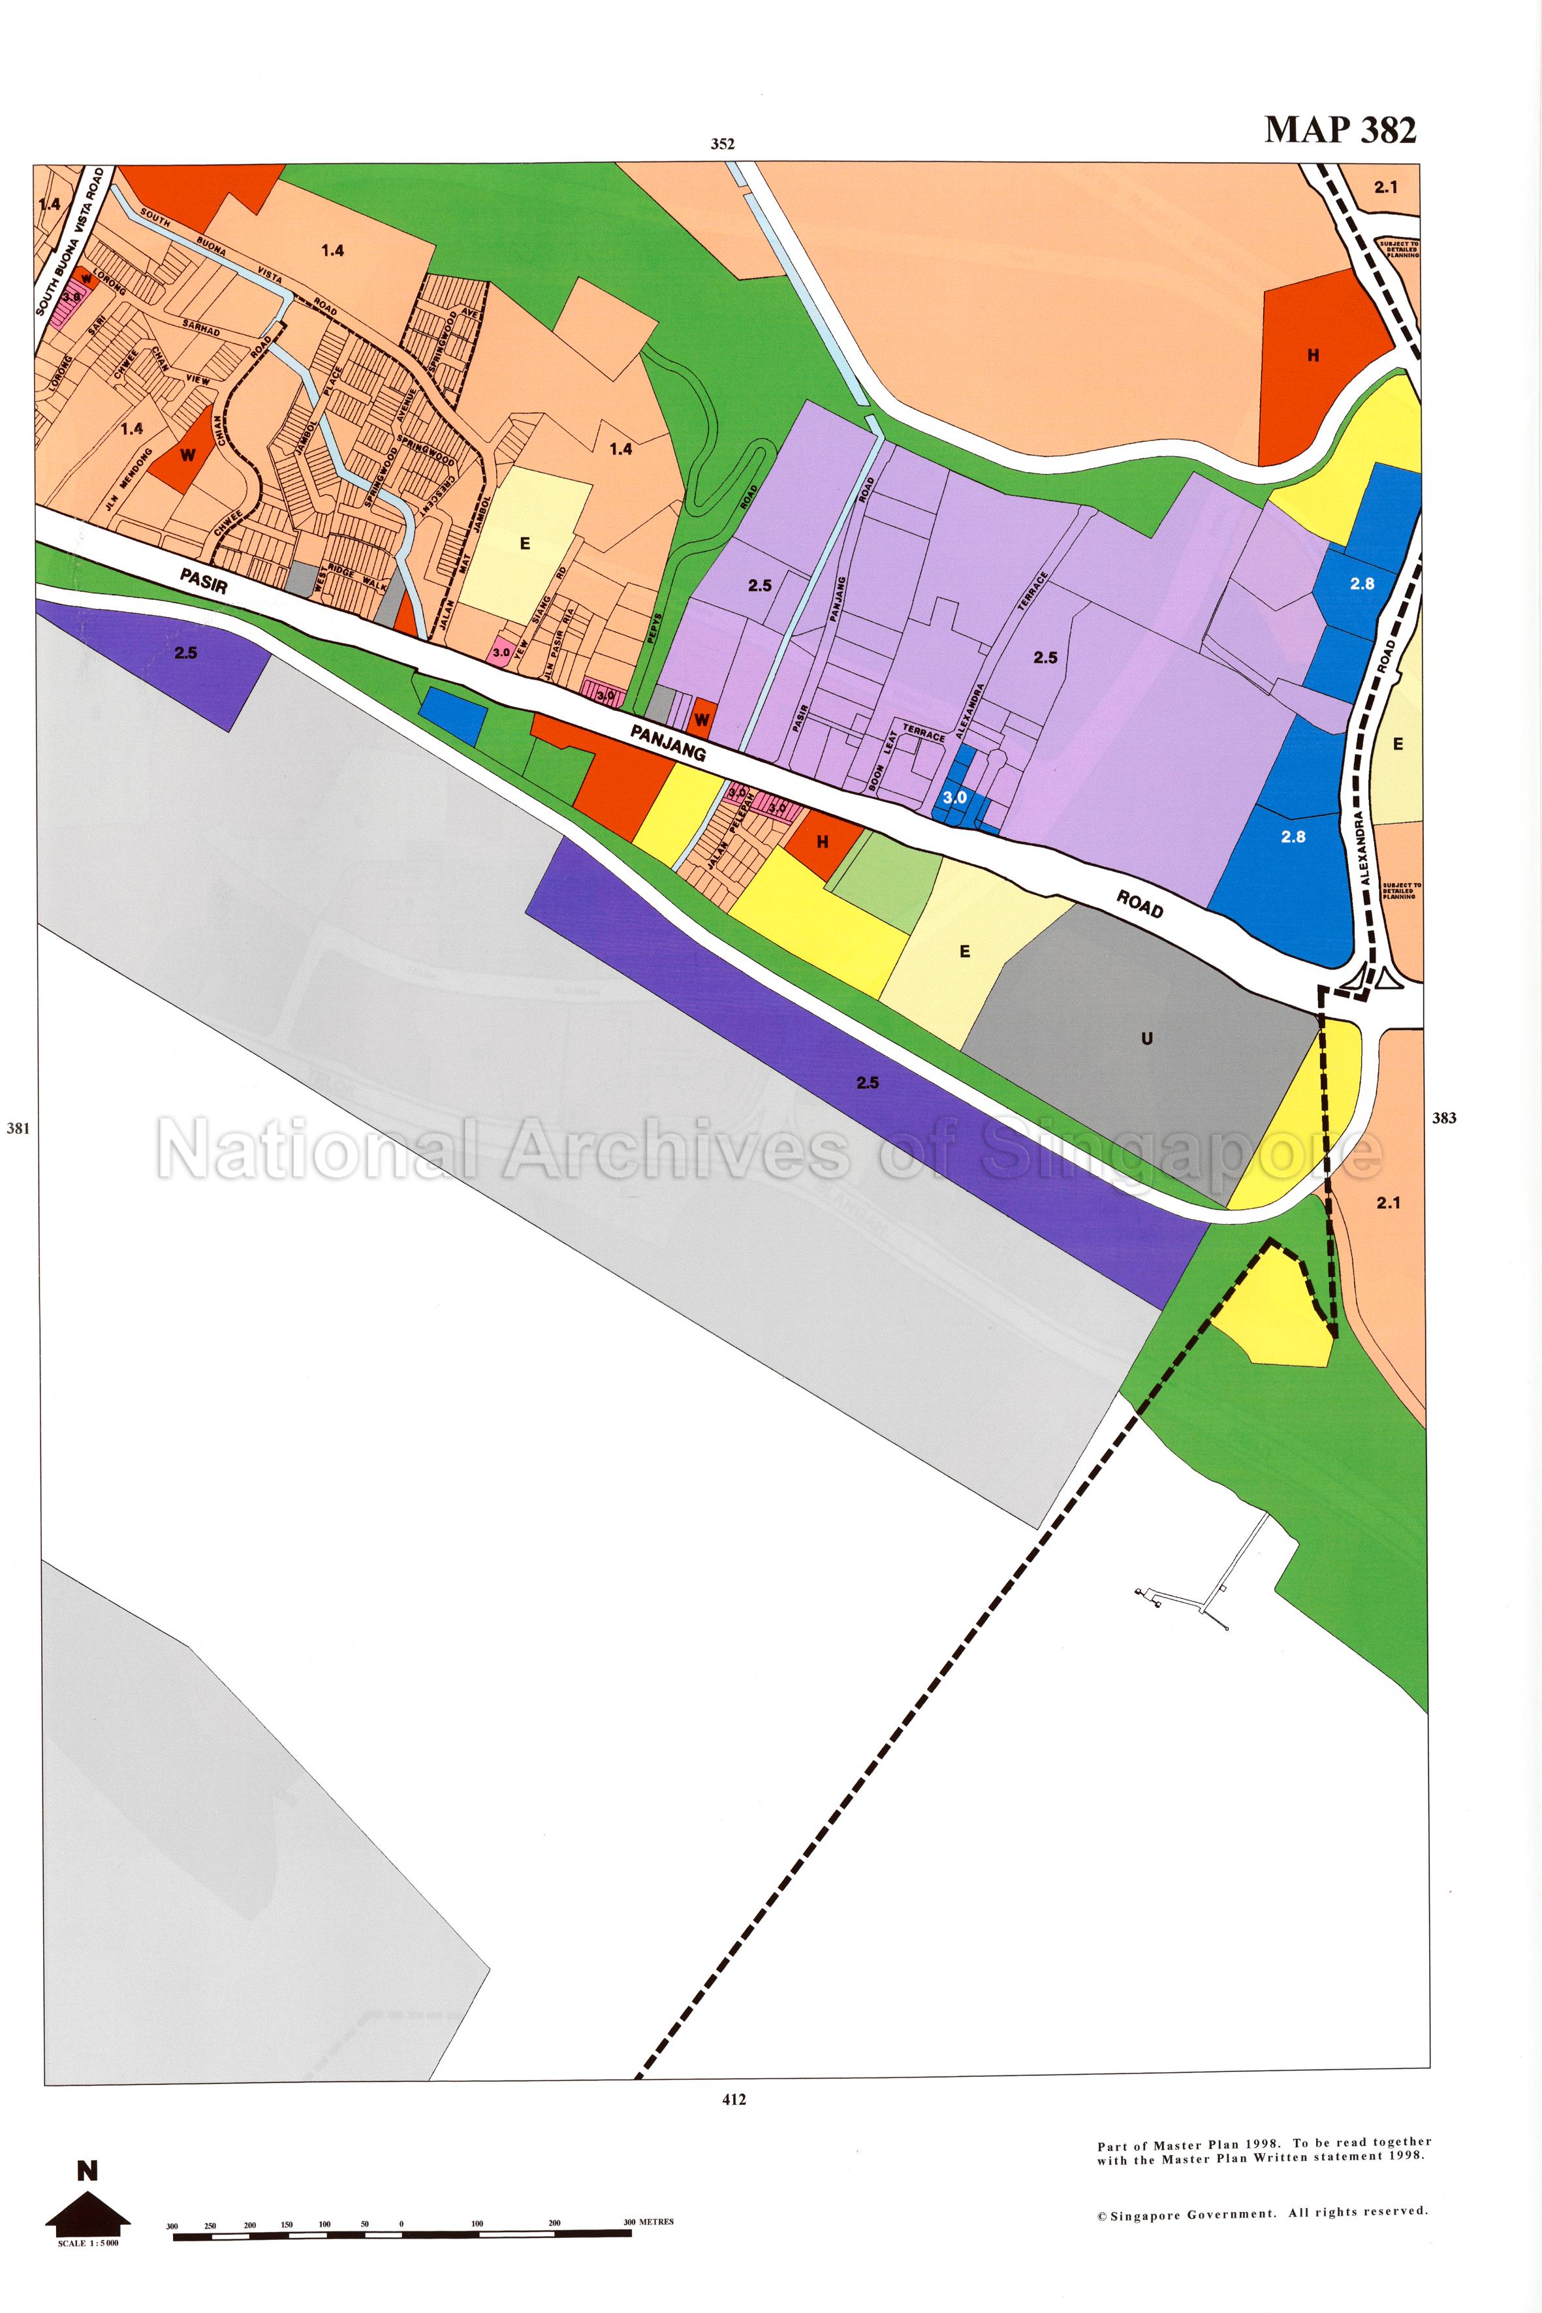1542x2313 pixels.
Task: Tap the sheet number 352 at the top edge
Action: click(x=723, y=144)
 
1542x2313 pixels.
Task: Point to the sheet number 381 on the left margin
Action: click(x=18, y=1128)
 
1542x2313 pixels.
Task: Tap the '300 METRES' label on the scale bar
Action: click(x=648, y=2222)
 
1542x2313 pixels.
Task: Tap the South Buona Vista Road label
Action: click(x=71, y=241)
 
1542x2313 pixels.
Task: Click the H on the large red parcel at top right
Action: click(x=1313, y=356)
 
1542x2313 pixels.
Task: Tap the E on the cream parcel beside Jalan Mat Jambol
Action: click(x=524, y=544)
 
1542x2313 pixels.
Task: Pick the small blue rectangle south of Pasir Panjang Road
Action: click(x=452, y=715)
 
